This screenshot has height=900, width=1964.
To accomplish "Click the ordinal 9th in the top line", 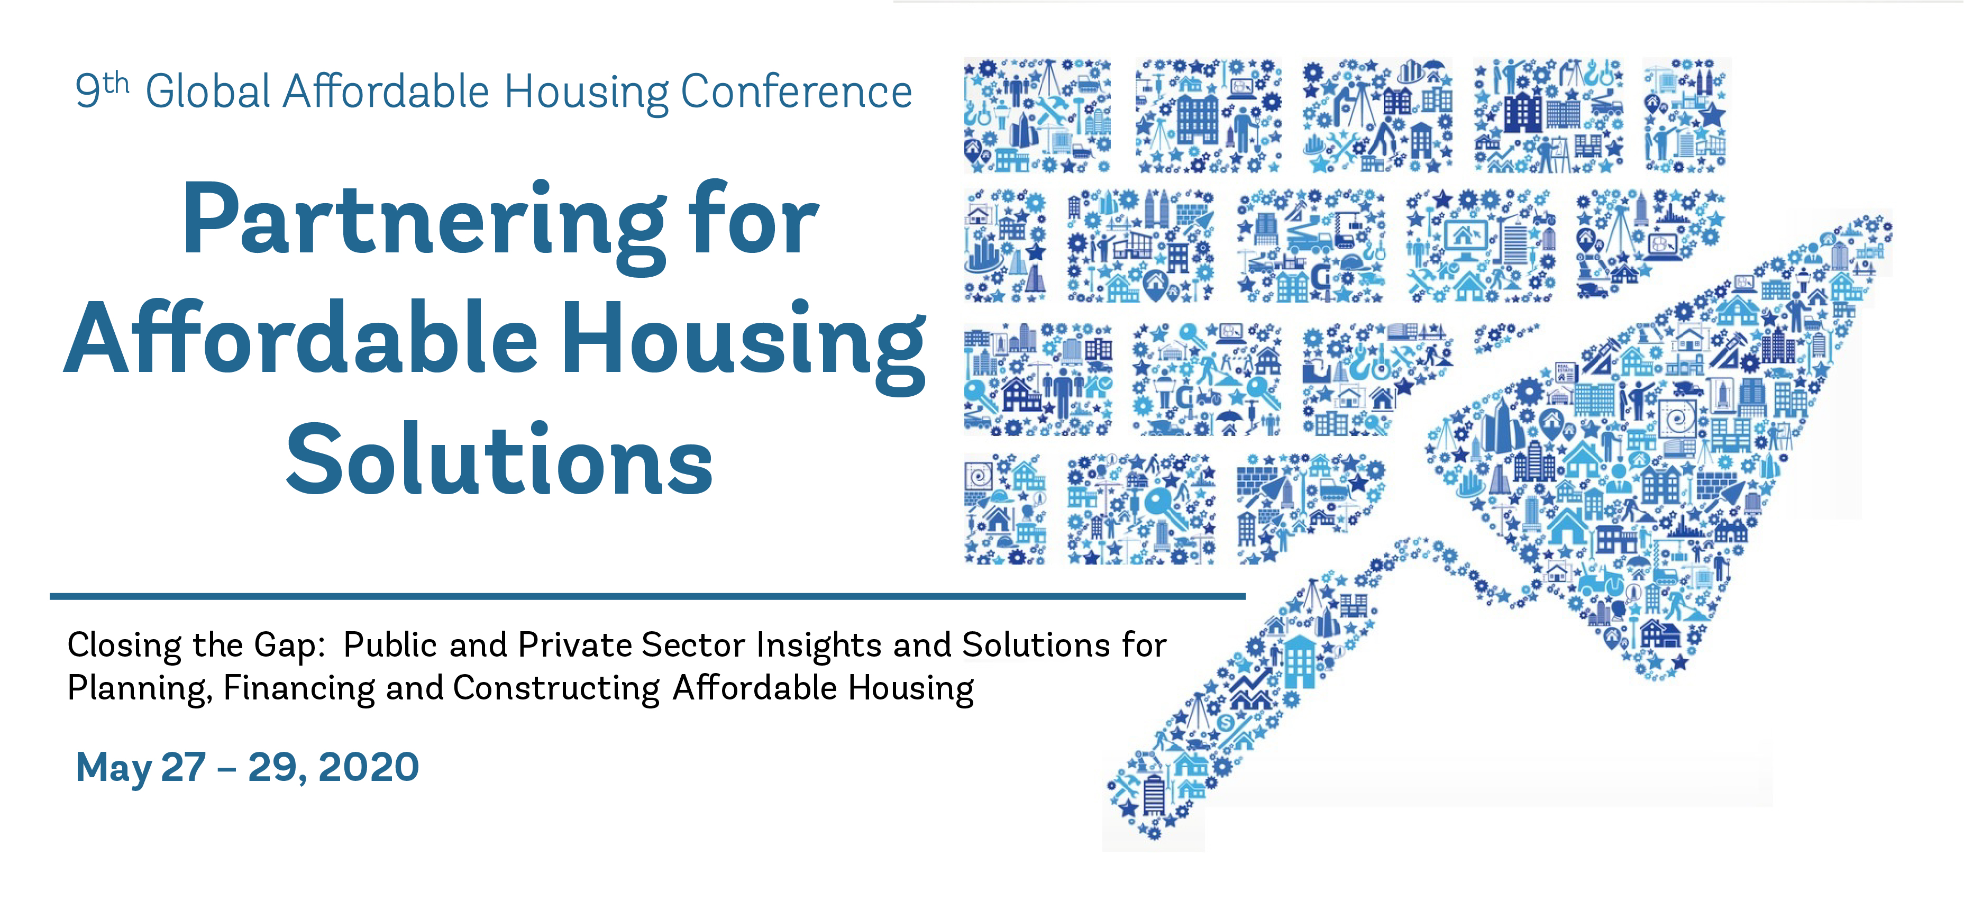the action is click(102, 90).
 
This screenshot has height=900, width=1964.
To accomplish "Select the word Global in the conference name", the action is click(208, 92).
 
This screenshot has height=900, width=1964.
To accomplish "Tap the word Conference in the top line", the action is click(796, 92).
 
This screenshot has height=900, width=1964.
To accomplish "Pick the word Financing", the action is click(299, 689).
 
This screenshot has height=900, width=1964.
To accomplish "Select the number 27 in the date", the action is click(183, 767).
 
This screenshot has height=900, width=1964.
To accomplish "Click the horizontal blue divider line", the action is click(647, 596).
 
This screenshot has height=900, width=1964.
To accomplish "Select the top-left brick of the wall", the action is click(1037, 114).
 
